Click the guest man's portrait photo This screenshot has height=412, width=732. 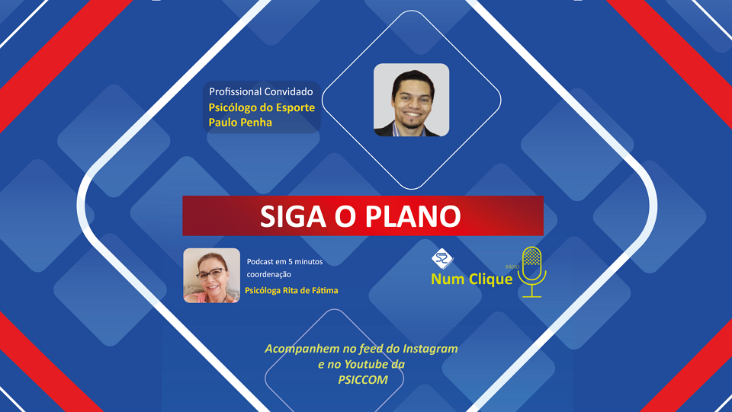pyautogui.click(x=411, y=100)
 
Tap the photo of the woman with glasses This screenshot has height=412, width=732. pyautogui.click(x=211, y=276)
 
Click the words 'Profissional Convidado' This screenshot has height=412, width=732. pyautogui.click(x=261, y=92)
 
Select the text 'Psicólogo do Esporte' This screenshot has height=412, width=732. pyautogui.click(x=262, y=107)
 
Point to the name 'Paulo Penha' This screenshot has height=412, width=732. pyautogui.click(x=240, y=123)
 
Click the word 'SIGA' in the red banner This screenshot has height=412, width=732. pyautogui.click(x=293, y=216)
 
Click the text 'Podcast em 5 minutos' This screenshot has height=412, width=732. pyautogui.click(x=284, y=261)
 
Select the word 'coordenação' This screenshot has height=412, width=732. pyautogui.click(x=269, y=274)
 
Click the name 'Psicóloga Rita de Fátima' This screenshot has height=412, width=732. pyautogui.click(x=291, y=290)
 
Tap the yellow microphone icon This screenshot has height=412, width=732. pyautogui.click(x=531, y=272)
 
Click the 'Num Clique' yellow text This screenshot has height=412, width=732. pyautogui.click(x=471, y=279)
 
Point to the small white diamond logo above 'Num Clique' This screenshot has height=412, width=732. pyautogui.click(x=442, y=259)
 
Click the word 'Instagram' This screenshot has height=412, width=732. pyautogui.click(x=430, y=349)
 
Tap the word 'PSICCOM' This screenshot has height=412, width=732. pyautogui.click(x=363, y=380)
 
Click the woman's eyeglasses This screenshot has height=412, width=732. pyautogui.click(x=210, y=273)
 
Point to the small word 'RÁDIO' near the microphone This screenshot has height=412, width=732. pyautogui.click(x=512, y=267)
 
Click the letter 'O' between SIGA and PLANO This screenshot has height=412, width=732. pyautogui.click(x=345, y=216)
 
